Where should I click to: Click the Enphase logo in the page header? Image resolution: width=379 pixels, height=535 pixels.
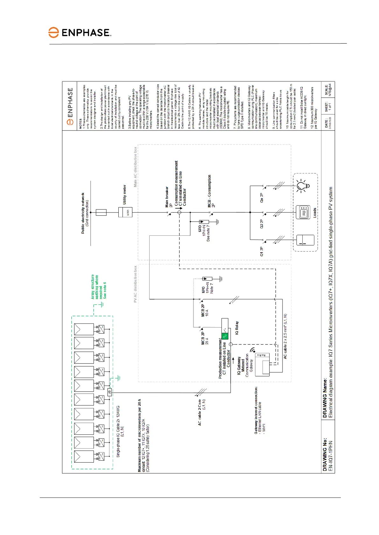pyautogui.click(x=80, y=33)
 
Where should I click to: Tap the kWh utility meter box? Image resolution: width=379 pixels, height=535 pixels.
pyautogui.click(x=125, y=212)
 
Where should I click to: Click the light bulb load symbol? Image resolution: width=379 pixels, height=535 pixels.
pyautogui.click(x=302, y=186)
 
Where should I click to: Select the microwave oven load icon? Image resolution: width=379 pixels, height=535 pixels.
pyautogui.click(x=303, y=213)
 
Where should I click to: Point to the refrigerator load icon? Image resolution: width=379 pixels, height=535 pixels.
pyautogui.click(x=305, y=240)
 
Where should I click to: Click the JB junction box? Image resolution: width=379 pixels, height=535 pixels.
pyautogui.click(x=109, y=392)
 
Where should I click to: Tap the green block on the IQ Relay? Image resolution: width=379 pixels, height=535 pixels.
pyautogui.click(x=225, y=335)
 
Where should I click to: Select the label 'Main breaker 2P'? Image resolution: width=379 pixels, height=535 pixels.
pyautogui.click(x=169, y=197)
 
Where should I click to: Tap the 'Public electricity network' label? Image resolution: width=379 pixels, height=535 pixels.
pyautogui.click(x=85, y=213)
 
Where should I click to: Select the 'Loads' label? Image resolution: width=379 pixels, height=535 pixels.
pyautogui.click(x=315, y=213)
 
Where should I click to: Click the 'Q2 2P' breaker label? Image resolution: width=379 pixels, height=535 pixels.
pyautogui.click(x=262, y=224)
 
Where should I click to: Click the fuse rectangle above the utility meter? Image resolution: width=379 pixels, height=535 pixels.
pyautogui.click(x=101, y=212)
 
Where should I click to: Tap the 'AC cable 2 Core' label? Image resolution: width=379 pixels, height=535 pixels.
pyautogui.click(x=201, y=412)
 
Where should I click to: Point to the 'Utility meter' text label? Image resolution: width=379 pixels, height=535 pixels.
pyautogui.click(x=124, y=194)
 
